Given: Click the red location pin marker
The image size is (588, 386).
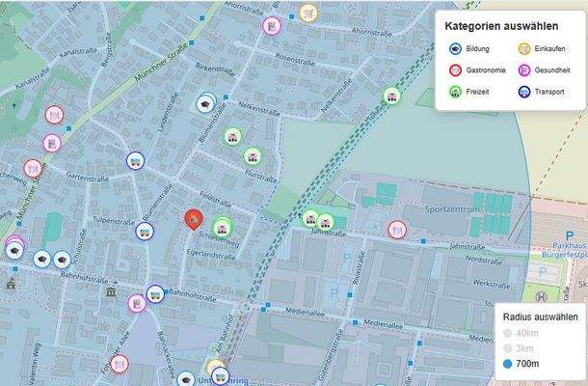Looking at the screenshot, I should click(x=193, y=219).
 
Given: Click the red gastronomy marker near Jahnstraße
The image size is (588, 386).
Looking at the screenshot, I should click(x=395, y=230).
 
